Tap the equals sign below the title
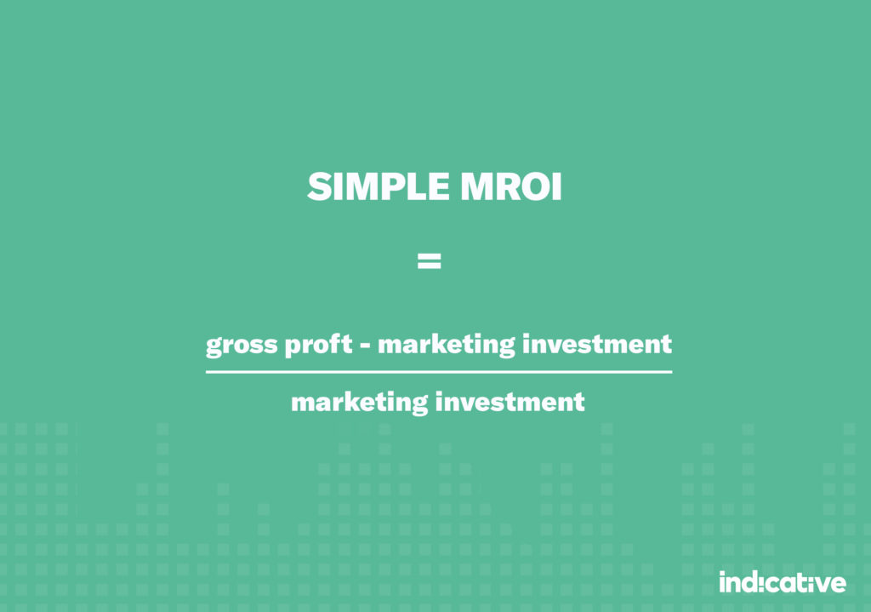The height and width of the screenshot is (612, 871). point(429,261)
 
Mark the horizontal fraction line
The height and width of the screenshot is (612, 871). point(438,372)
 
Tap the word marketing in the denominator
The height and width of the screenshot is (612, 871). point(359,402)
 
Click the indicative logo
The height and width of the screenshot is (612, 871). point(782,582)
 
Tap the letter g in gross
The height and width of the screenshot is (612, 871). point(213,347)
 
